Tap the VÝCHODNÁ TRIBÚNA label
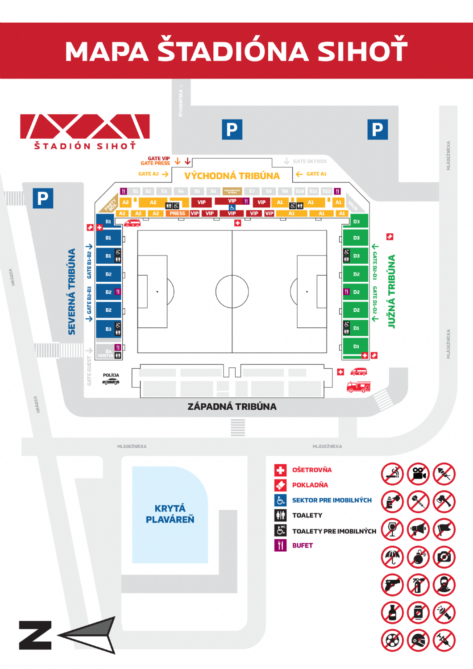[x=232, y=176]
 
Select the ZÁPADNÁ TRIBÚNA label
[x=232, y=406]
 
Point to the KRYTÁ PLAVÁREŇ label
[x=170, y=514]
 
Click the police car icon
[x=111, y=381]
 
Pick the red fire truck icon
[x=358, y=387]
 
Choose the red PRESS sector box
[x=177, y=213]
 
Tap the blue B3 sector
[x=108, y=329]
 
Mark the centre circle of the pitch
[x=232, y=291]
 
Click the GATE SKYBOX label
[x=310, y=161]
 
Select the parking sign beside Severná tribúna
[x=43, y=198]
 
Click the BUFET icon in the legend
[x=280, y=545]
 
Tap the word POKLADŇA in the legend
[x=310, y=485]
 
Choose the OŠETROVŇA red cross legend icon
[x=280, y=470]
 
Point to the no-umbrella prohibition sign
[x=392, y=557]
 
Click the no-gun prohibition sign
[x=392, y=585]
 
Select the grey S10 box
[x=299, y=191]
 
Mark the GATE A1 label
[x=316, y=174]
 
